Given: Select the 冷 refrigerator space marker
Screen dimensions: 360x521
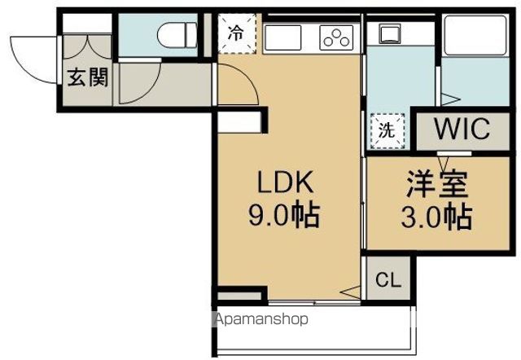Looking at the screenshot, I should coord(236,33).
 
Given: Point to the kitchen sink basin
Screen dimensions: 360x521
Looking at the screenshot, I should coord(281,37).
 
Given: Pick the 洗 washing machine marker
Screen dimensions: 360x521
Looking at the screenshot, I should coord(387,130).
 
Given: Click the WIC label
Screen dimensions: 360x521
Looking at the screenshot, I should coord(460,130).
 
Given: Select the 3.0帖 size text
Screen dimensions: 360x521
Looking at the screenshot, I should coord(437,217).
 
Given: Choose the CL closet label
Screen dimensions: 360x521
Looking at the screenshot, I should coord(387,281).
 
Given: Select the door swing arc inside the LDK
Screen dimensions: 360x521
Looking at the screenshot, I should coord(241,81).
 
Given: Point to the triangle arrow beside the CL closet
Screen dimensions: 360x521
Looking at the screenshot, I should coord(349,292).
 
